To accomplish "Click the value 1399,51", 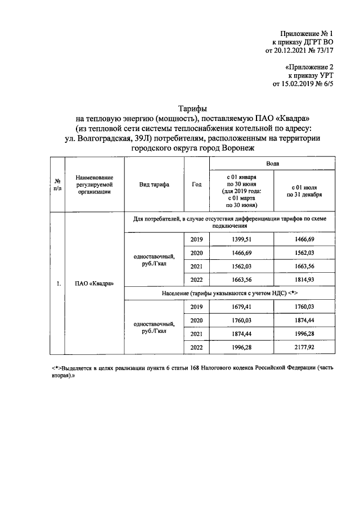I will point(241,241).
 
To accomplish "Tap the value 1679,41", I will point(241,308).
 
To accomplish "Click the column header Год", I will point(196,185).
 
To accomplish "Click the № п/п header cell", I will point(57,185).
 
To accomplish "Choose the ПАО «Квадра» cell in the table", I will point(94,283).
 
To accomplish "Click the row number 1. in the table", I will point(58,283).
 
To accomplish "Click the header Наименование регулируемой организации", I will point(94,184).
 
